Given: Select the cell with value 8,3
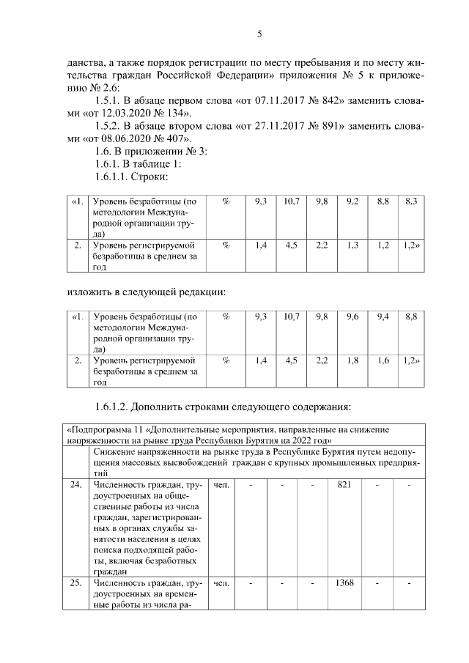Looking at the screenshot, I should coord(410,201).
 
